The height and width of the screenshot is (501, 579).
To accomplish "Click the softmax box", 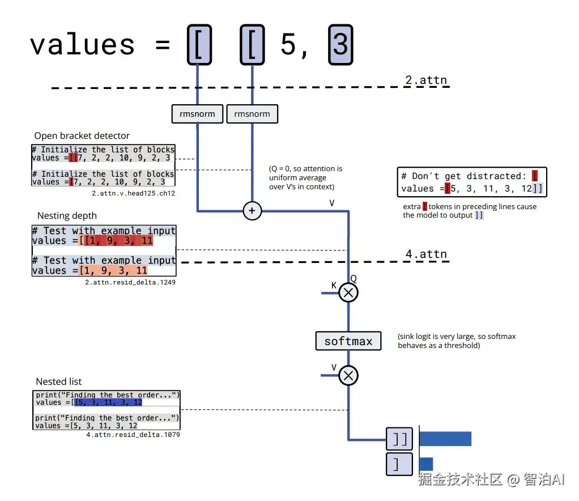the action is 348,341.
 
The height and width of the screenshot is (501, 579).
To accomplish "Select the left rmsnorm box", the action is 197,114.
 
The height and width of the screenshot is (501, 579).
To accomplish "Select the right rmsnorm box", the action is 252,114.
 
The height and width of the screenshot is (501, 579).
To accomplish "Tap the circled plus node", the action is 252,211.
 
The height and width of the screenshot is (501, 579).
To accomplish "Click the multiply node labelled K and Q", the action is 348,292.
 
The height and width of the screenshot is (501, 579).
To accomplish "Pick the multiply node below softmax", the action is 348,375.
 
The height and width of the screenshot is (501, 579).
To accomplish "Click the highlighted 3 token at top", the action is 340,45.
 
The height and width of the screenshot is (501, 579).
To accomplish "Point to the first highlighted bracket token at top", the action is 199,45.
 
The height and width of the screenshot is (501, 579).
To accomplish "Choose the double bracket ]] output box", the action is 399,439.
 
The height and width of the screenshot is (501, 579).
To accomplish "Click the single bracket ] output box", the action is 399,464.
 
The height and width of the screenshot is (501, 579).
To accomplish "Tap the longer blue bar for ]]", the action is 445,439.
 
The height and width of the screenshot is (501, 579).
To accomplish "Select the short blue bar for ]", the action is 426,464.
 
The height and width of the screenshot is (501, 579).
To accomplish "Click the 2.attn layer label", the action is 426,80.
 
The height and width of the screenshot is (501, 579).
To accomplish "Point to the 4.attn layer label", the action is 426,254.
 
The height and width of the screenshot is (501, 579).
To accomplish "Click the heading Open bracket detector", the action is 82,135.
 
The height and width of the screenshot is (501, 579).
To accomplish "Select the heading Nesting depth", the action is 67,215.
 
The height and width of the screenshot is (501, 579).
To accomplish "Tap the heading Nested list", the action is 59,381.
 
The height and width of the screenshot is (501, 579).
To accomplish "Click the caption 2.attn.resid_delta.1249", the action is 130,282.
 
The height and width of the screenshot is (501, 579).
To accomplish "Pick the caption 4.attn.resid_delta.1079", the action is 133,435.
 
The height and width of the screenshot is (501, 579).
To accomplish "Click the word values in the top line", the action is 82,45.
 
